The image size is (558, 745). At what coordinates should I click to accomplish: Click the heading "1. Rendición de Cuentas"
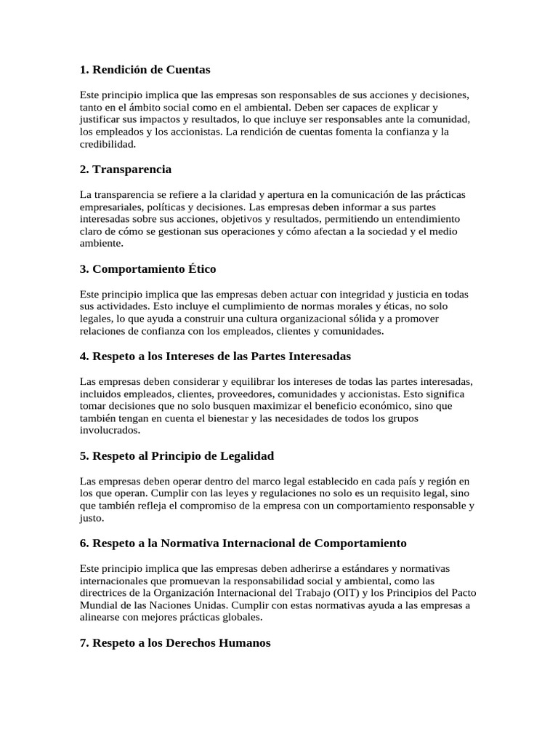(x=145, y=70)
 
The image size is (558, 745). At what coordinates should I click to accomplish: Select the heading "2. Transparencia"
(x=126, y=170)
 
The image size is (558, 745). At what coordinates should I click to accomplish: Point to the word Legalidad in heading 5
(x=240, y=456)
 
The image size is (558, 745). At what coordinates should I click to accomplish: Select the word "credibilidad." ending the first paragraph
(x=108, y=144)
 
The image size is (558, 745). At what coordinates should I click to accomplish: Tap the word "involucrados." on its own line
(x=110, y=430)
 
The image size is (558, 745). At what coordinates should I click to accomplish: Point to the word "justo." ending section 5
(x=92, y=518)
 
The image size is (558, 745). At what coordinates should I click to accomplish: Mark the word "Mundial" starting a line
(x=100, y=605)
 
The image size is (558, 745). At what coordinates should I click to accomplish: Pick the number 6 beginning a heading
(x=83, y=543)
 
